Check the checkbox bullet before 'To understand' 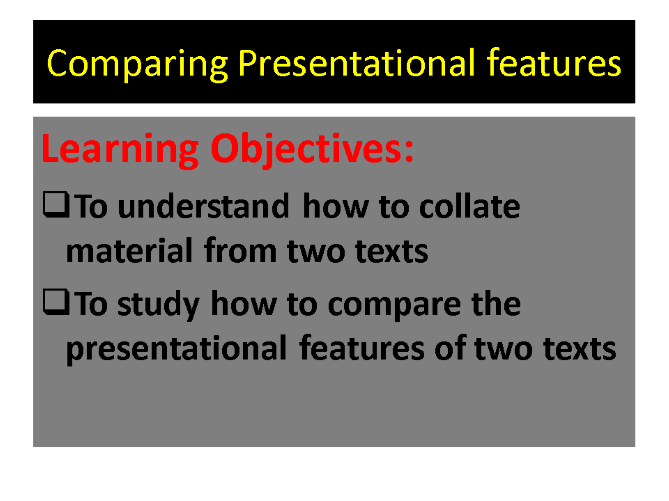tap(56, 205)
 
